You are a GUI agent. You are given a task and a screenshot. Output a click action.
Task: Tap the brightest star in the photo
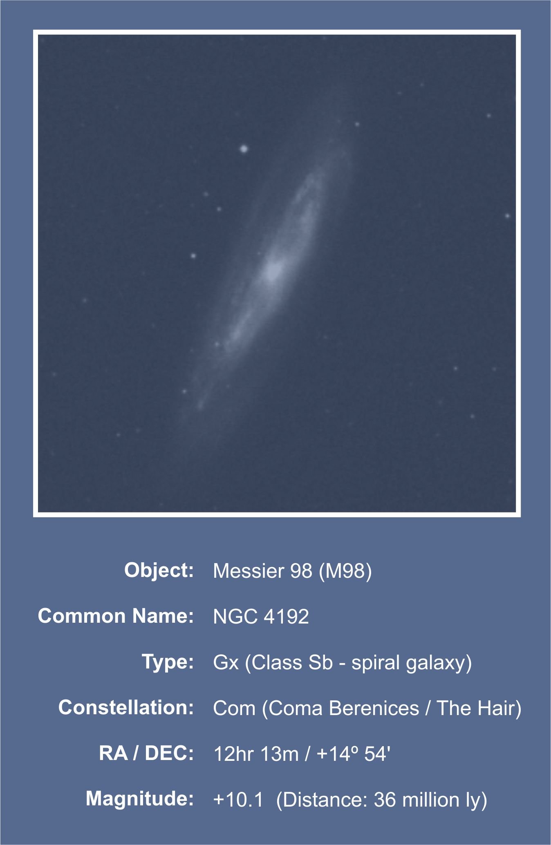[244, 149]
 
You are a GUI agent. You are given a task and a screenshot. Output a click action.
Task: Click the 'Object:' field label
[159, 570]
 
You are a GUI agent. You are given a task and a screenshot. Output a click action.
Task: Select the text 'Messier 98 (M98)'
[293, 571]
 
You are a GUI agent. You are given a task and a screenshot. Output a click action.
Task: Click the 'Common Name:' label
[116, 616]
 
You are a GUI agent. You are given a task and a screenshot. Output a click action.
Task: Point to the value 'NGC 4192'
[261, 617]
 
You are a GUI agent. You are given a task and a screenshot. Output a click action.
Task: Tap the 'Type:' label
[168, 662]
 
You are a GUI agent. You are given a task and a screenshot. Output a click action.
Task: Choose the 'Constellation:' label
[126, 708]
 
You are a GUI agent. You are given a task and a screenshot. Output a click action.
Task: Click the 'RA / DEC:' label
[146, 753]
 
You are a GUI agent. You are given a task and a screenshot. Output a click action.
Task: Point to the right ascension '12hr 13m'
[256, 754]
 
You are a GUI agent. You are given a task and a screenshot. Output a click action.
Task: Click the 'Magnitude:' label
[140, 799]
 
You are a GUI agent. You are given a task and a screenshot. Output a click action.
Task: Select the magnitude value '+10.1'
[238, 800]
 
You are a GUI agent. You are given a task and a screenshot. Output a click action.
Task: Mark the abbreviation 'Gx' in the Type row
[226, 663]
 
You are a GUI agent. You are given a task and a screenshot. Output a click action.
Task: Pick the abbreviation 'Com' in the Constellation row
[234, 709]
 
